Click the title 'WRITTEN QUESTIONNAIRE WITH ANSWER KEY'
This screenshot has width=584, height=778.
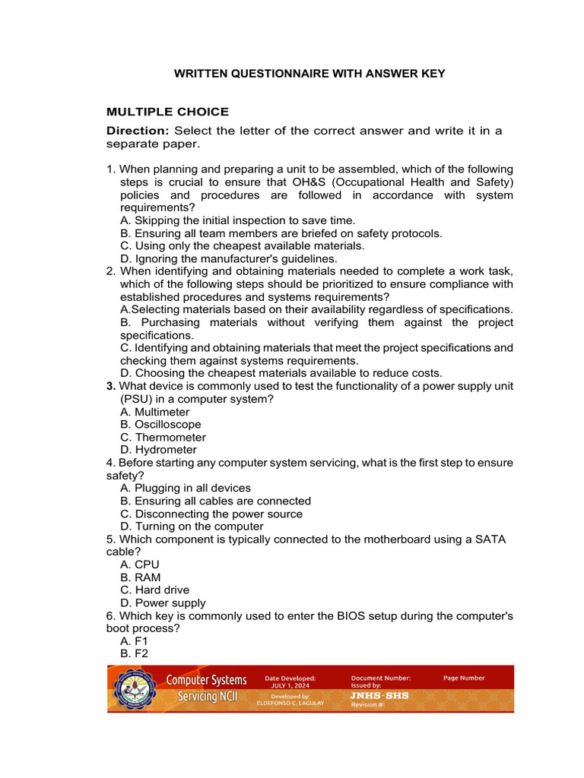(x=309, y=74)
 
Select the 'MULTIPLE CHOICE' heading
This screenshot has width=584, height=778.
(x=167, y=112)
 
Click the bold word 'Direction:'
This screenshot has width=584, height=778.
(x=138, y=131)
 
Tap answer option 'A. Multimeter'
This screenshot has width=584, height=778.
(x=154, y=412)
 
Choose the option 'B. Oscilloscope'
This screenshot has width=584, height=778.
(x=160, y=425)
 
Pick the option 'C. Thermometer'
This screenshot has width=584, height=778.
(x=163, y=438)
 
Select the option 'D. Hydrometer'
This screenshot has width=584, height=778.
(x=158, y=450)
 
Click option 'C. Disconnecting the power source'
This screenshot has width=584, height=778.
(x=211, y=514)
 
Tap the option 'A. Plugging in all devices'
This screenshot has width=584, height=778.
(x=185, y=488)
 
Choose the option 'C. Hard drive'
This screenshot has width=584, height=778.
(x=154, y=590)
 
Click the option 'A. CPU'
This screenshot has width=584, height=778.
(x=140, y=565)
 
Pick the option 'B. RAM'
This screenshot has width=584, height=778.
(x=140, y=577)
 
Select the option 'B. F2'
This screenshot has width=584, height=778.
(x=134, y=653)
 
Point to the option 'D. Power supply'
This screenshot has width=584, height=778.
(x=163, y=602)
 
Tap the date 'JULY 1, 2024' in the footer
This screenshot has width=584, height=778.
(x=290, y=685)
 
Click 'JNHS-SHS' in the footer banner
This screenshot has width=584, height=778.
(x=379, y=695)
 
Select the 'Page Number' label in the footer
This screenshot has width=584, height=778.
(x=464, y=678)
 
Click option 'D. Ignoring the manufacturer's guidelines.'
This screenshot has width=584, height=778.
(x=228, y=259)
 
